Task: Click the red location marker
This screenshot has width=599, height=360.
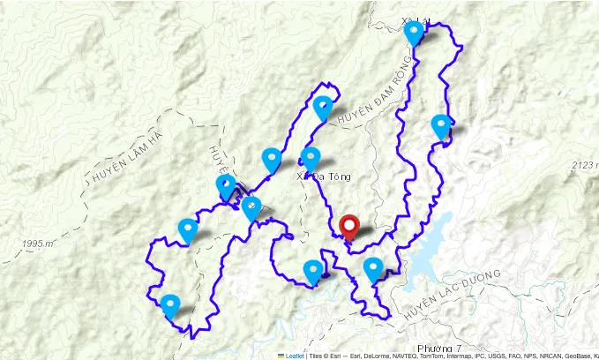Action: pyautogui.click(x=349, y=226)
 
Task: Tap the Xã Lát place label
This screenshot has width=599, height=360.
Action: pyautogui.click(x=414, y=20)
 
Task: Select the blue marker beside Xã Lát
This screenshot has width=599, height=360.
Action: pyautogui.click(x=414, y=34)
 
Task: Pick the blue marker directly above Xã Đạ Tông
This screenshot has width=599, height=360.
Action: pyautogui.click(x=310, y=159)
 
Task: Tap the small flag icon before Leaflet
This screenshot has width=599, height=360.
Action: pyautogui.click(x=281, y=356)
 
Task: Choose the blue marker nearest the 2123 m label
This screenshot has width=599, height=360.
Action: pyautogui.click(x=441, y=126)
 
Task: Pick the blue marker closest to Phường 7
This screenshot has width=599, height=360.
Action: pyautogui.click(x=373, y=268)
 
